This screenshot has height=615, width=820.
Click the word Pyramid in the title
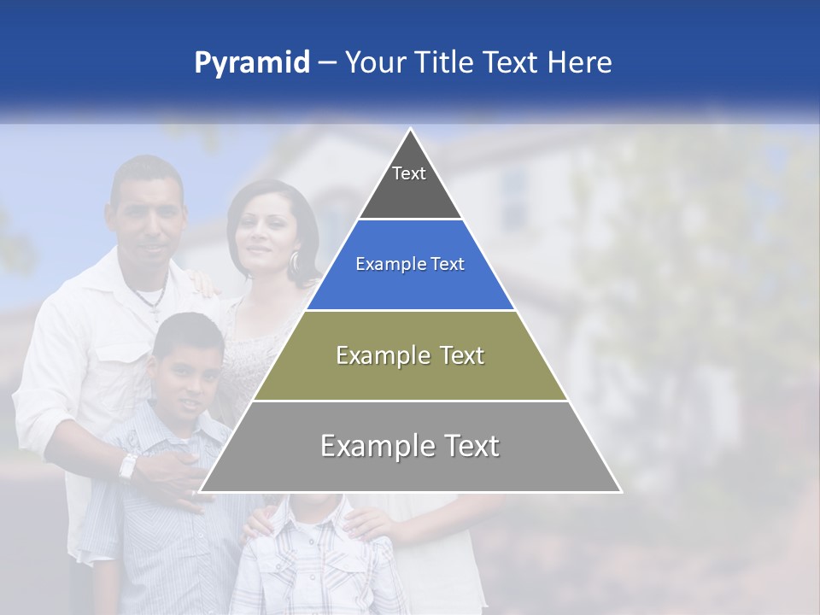251,63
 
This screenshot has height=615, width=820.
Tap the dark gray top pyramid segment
410,192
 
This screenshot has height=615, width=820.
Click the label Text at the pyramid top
409,173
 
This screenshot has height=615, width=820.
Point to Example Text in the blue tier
410,264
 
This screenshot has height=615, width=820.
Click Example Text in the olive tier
410,355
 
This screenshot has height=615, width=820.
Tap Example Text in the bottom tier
410,446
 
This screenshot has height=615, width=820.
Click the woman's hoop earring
295,263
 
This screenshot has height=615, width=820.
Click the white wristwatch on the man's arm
128,466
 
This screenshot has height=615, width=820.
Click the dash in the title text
327,63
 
